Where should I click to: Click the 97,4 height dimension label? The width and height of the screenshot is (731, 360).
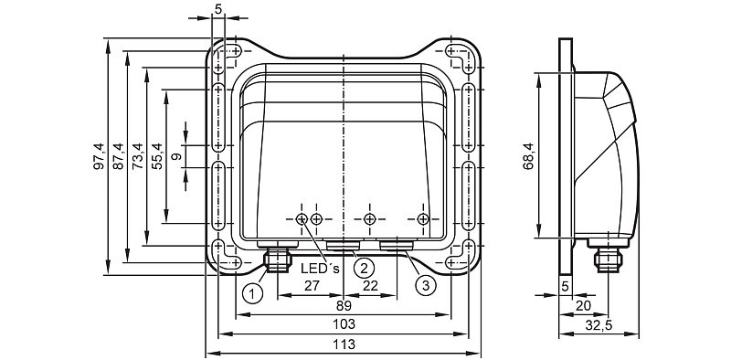(100, 156)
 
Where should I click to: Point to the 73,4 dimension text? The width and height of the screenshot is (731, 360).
(138, 156)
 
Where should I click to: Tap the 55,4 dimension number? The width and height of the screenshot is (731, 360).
(157, 156)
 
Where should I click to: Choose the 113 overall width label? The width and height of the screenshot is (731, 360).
(344, 344)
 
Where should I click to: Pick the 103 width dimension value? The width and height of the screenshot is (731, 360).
(344, 324)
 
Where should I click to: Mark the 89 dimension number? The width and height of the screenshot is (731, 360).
(344, 306)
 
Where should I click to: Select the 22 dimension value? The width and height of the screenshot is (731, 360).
(370, 286)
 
